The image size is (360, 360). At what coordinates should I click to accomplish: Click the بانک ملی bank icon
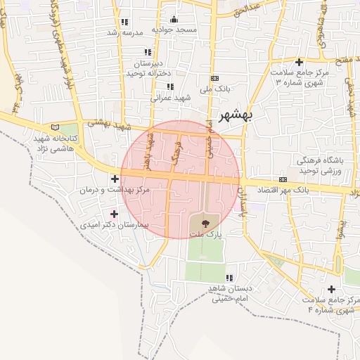(214, 78)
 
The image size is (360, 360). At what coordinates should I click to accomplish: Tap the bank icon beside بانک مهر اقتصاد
(283, 179)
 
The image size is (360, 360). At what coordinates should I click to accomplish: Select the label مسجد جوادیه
(176, 30)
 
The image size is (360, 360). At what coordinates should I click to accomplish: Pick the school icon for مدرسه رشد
(124, 22)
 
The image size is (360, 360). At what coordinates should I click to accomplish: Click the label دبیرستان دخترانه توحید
(146, 68)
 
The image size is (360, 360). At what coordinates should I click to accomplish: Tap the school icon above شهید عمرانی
(169, 87)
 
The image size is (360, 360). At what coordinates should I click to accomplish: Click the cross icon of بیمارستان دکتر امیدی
(115, 214)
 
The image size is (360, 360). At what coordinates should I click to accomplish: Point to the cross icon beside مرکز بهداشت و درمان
(115, 179)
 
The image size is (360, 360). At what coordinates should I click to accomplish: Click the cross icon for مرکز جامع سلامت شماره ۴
(331, 289)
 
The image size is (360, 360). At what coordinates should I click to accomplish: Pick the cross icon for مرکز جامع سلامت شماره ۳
(300, 63)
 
